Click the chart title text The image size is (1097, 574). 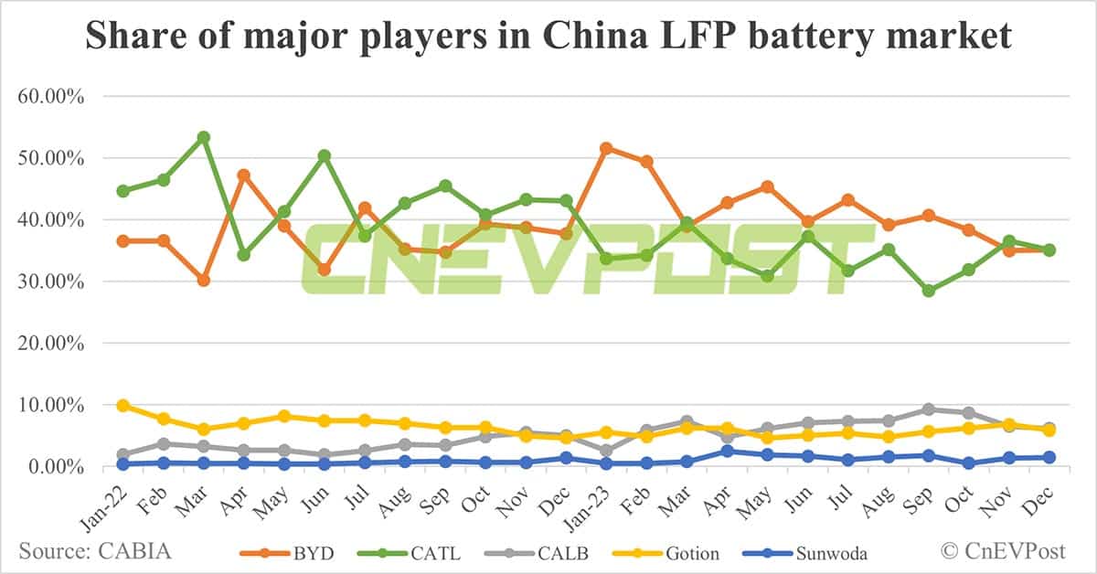[x=548, y=37]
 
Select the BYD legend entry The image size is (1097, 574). [x=293, y=553]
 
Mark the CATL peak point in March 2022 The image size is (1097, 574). [x=204, y=137]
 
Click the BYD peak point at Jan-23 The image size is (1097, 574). [x=605, y=148]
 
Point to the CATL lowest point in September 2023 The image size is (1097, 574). [x=929, y=291]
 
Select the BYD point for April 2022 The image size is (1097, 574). [x=244, y=175]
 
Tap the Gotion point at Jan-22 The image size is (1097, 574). [x=122, y=405]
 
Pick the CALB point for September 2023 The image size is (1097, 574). [x=929, y=409]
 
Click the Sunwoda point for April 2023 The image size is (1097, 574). [x=727, y=451]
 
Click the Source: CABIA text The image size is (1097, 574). [x=94, y=551]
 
